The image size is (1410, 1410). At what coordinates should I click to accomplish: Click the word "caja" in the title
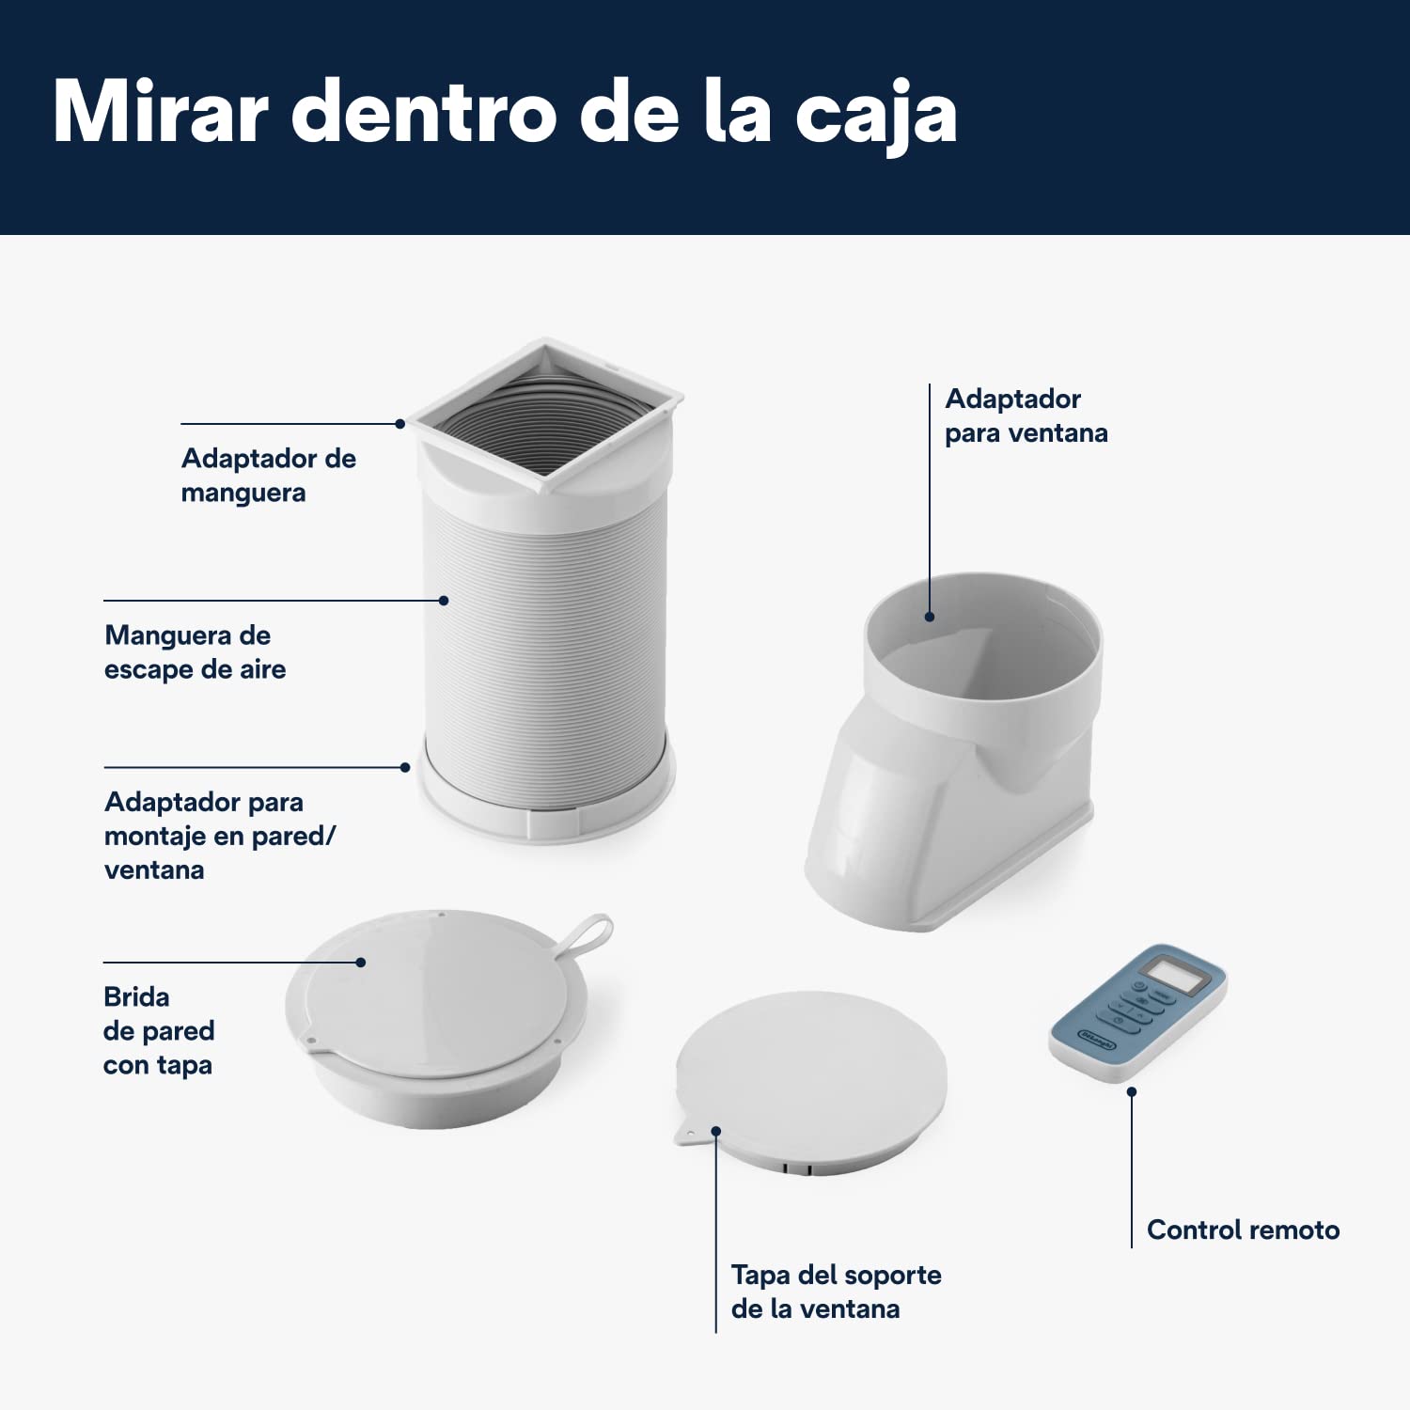point(876,115)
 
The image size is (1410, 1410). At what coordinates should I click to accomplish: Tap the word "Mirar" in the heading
point(161,111)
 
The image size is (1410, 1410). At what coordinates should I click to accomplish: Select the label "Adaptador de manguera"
point(269,475)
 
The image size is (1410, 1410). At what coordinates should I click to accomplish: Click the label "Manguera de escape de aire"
point(196,651)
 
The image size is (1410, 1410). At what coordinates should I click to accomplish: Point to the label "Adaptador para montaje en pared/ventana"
point(220,835)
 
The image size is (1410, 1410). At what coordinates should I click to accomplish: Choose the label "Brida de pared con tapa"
point(159,1030)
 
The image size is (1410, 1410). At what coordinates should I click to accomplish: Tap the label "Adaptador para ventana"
point(1026,415)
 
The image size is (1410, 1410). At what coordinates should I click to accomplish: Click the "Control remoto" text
point(1244,1230)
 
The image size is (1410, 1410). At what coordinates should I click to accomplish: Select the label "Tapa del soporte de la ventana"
point(837,1291)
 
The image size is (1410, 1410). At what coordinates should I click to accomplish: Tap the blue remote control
point(1138,1012)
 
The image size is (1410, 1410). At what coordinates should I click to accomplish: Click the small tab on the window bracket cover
point(688,1135)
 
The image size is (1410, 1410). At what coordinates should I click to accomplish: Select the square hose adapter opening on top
point(547,415)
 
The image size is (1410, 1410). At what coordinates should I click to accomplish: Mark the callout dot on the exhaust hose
point(444,600)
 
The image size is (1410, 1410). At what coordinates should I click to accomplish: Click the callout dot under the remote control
point(1132,1091)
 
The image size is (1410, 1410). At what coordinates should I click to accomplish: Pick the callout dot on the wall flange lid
point(361,962)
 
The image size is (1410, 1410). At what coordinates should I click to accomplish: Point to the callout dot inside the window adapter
point(930,617)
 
